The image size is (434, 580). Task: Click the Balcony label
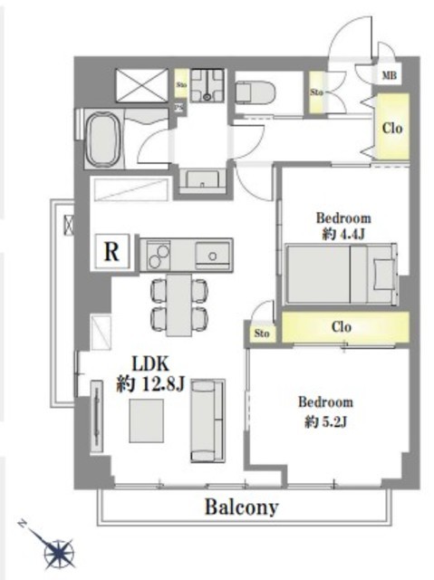pyautogui.click(x=242, y=507)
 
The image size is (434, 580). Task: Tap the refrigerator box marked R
pyautogui.click(x=112, y=252)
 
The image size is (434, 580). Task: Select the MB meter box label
pyautogui.click(x=389, y=75)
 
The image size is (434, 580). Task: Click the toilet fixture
pyautogui.click(x=256, y=92)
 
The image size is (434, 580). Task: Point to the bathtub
pyautogui.click(x=103, y=139)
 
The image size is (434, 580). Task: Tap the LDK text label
pyautogui.click(x=150, y=364)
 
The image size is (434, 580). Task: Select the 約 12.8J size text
pyautogui.click(x=150, y=385)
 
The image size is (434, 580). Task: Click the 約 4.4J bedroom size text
pyautogui.click(x=343, y=234)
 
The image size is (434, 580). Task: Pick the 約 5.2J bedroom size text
pyautogui.click(x=325, y=421)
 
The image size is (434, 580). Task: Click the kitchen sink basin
pyautogui.click(x=212, y=255)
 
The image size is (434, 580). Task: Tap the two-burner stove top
pyautogui.click(x=159, y=256)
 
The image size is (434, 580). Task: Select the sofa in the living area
pyautogui.click(x=207, y=420)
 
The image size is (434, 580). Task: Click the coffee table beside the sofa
pyautogui.click(x=147, y=420)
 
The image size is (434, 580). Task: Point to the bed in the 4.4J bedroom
pyautogui.click(x=342, y=274)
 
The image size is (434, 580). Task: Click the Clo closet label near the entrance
pyautogui.click(x=392, y=129)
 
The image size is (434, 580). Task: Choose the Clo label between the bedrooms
pyautogui.click(x=342, y=327)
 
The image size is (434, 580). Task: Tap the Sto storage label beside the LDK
pyautogui.click(x=261, y=333)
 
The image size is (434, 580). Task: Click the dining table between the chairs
pyautogui.click(x=179, y=304)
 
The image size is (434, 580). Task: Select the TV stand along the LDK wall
pyautogui.click(x=97, y=415)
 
